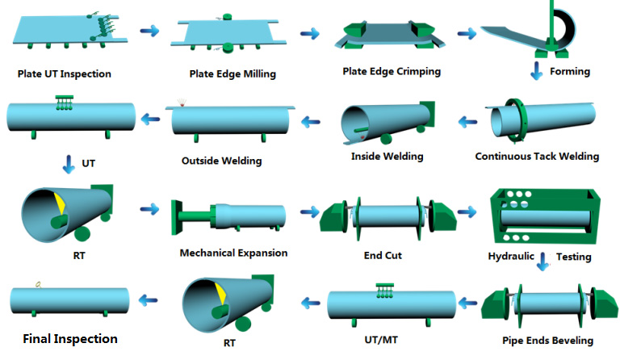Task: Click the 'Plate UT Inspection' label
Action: click(x=64, y=74)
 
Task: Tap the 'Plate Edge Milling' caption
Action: click(x=232, y=74)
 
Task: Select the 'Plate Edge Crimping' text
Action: click(x=392, y=71)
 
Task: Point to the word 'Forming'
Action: click(x=569, y=72)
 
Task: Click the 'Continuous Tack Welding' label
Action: click(x=537, y=157)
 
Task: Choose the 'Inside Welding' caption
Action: click(x=387, y=157)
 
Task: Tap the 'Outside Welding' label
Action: click(x=221, y=161)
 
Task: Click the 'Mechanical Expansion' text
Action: click(x=233, y=253)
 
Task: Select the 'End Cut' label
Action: click(x=383, y=256)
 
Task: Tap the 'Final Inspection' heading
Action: click(x=69, y=339)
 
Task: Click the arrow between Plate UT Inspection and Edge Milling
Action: click(x=149, y=31)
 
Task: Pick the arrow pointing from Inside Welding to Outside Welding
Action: click(x=312, y=123)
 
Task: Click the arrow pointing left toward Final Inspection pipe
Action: click(x=146, y=300)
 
